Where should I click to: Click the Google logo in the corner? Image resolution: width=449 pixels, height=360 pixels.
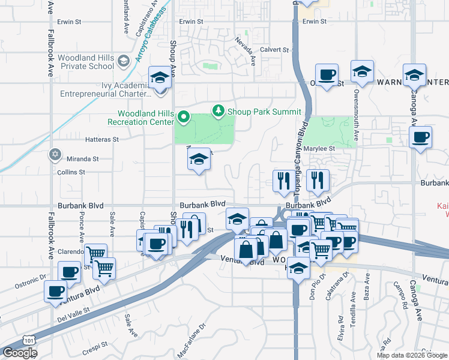pos(20,353)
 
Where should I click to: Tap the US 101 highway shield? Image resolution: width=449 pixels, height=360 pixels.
pos(28,340)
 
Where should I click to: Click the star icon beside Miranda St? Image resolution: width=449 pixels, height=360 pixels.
pos(56,154)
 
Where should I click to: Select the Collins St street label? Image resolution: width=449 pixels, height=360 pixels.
pos(71,172)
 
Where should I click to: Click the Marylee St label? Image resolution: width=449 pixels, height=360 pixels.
pos(319,148)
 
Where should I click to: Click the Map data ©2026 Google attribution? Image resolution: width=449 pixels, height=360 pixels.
pos(412,355)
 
